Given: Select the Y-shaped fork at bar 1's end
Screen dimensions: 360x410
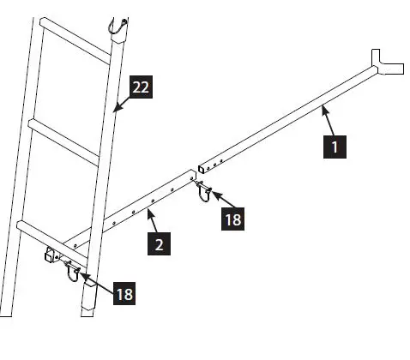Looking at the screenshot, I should (386, 62).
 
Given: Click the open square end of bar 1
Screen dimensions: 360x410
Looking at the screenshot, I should (201, 165).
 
